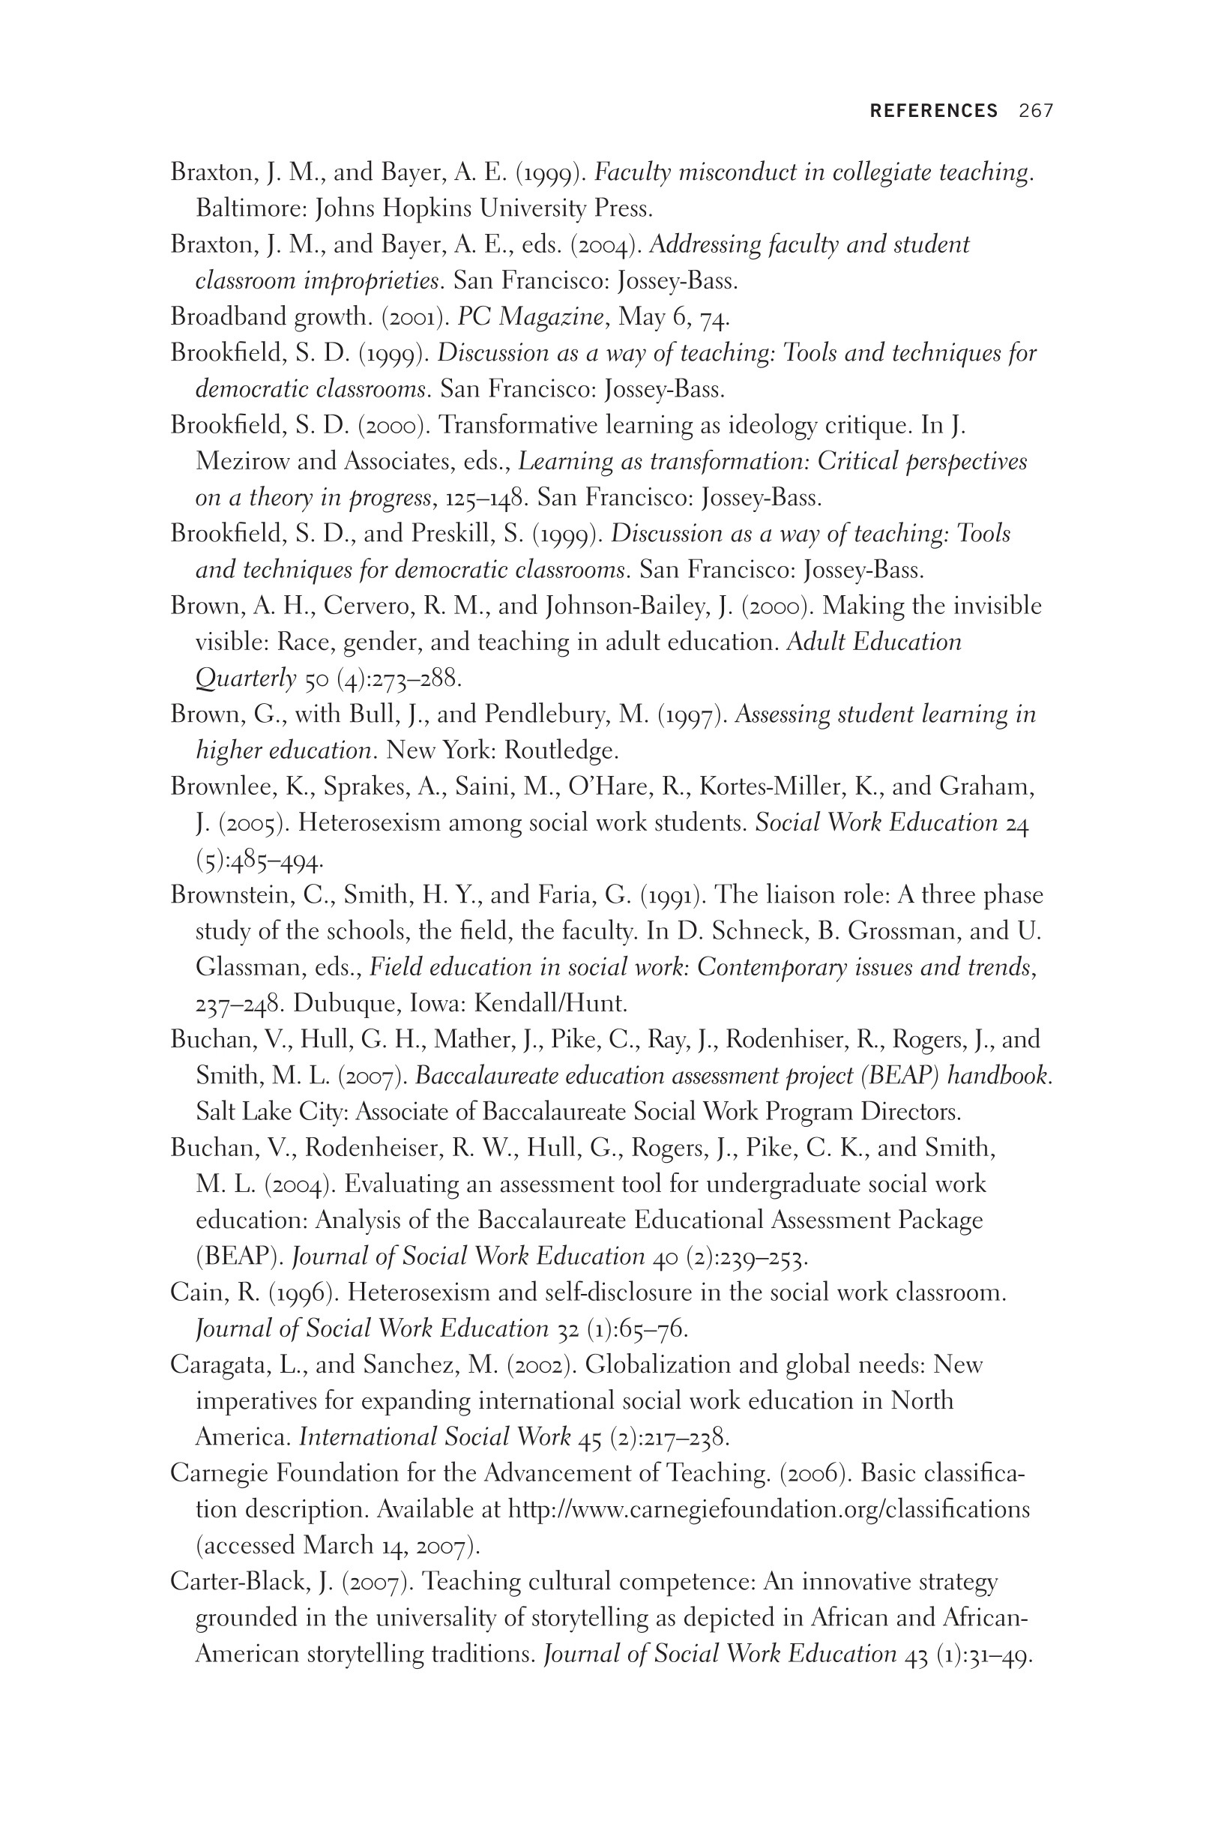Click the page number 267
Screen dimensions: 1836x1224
coord(1036,111)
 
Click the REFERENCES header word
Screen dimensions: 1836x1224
coord(934,111)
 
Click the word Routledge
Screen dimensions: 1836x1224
coord(561,751)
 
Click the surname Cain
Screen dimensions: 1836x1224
coord(194,1292)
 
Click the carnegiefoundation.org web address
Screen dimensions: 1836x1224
coord(769,1510)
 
